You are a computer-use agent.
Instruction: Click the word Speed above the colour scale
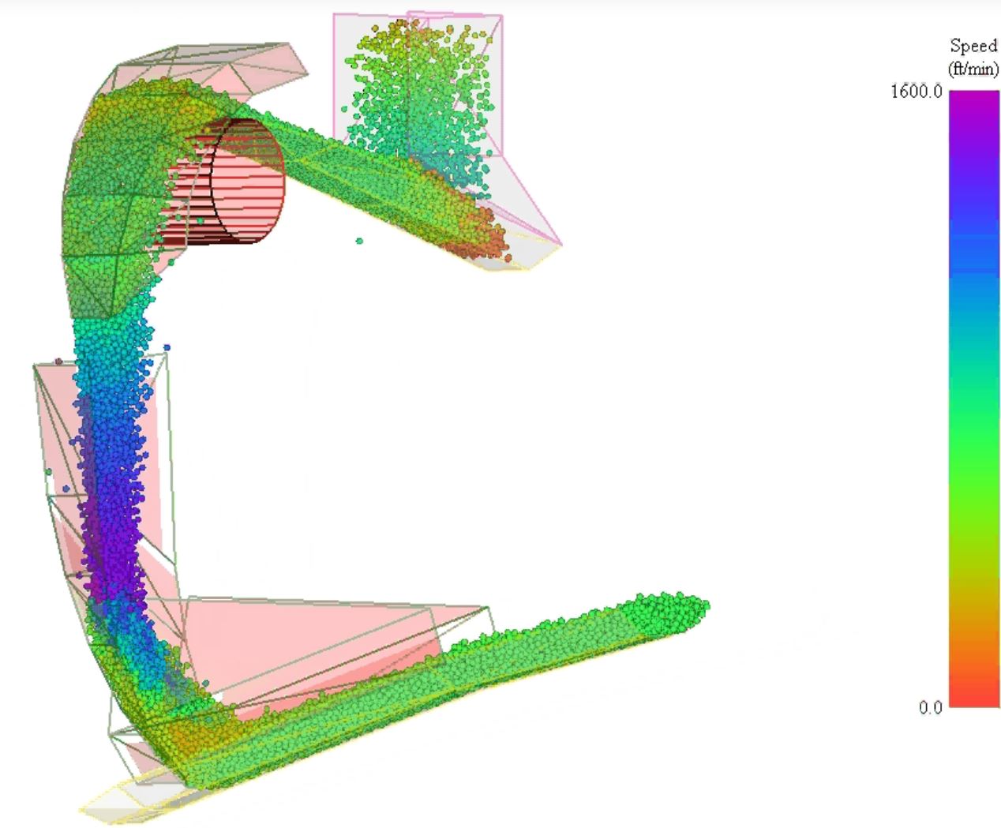point(973,47)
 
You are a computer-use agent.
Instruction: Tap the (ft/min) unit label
point(973,69)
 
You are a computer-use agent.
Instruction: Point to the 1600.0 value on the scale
point(917,92)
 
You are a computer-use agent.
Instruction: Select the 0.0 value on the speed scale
point(930,707)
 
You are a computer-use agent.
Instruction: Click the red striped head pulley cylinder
point(225,182)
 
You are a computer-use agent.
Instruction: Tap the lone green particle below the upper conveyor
point(359,241)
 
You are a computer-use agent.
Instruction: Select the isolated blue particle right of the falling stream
point(167,347)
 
